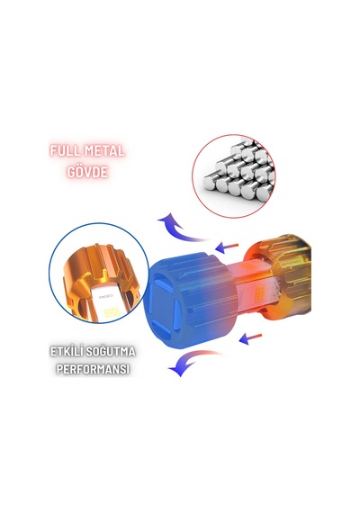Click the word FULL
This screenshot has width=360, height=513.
pyautogui.click(x=65, y=151)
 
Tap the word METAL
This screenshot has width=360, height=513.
pyautogui.click(x=104, y=151)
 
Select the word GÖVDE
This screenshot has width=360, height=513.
pyautogui.click(x=87, y=172)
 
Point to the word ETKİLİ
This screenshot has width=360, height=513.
pyautogui.click(x=66, y=352)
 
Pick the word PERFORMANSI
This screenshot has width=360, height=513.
pyautogui.click(x=93, y=369)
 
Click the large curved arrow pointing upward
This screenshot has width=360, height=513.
pyautogui.click(x=181, y=228)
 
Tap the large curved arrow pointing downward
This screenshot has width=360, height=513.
pyautogui.click(x=193, y=363)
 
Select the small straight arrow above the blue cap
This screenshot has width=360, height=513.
pyautogui.click(x=227, y=247)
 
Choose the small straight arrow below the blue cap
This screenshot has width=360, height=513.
pyautogui.click(x=250, y=338)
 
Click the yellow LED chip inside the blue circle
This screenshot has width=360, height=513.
pyautogui.click(x=111, y=313)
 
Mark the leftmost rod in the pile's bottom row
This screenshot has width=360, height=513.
pyautogui.click(x=211, y=184)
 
